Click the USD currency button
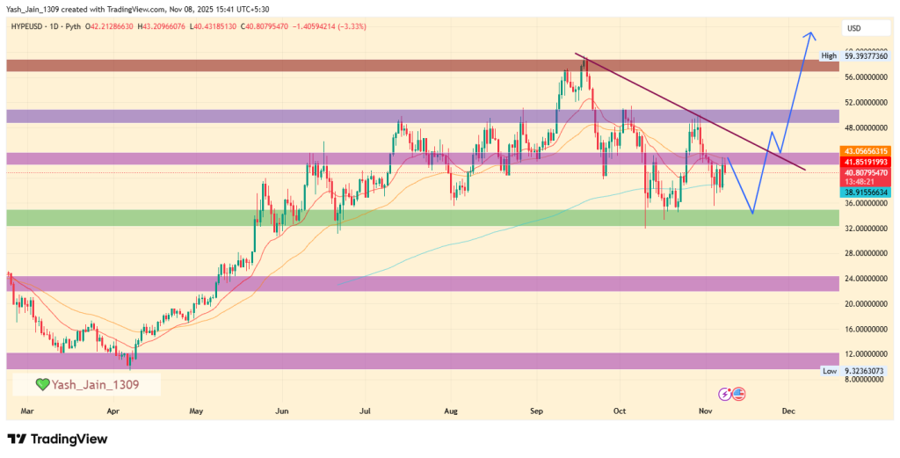(x=853, y=28)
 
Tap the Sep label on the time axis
(x=536, y=411)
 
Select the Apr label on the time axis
(x=112, y=411)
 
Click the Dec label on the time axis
(x=788, y=411)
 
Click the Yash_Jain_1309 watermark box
(x=86, y=384)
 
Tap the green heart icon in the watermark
(x=42, y=385)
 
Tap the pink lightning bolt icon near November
(x=725, y=394)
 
